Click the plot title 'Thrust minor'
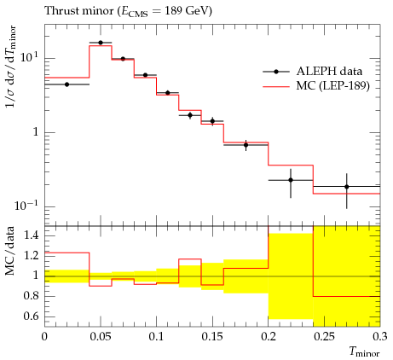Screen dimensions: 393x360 (79, 11)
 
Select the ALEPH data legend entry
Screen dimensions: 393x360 (313, 72)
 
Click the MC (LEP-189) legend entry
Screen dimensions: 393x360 (316, 85)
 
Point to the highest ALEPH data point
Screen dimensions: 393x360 (101, 43)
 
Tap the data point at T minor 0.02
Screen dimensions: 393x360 (66, 84)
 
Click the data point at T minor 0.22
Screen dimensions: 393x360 (291, 180)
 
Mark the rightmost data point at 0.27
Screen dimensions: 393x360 (347, 187)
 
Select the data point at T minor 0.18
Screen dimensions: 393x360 (246, 145)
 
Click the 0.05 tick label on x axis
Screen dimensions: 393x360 (101, 337)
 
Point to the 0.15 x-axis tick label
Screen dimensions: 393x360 (212, 337)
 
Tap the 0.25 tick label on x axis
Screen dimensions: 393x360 (324, 337)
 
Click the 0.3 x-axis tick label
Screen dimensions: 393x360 (380, 337)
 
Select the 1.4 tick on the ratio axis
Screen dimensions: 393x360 (31, 235)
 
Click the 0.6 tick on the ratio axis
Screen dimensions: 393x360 (31, 316)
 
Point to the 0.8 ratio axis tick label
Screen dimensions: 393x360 (31, 296)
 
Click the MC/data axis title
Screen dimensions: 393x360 (10, 251)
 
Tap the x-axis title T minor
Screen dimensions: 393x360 (364, 352)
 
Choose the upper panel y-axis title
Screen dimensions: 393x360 (11, 67)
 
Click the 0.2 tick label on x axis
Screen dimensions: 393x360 (269, 337)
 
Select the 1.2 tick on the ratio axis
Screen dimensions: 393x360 (31, 256)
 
